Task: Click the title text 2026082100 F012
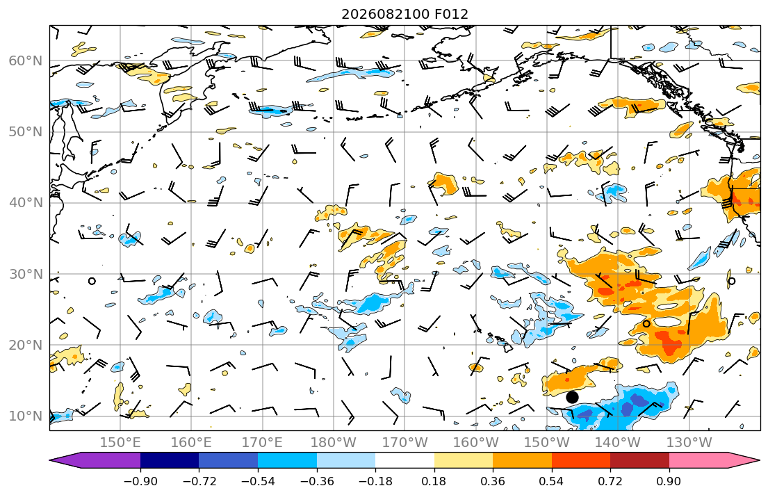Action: pyautogui.click(x=405, y=14)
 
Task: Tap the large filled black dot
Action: pyautogui.click(x=572, y=397)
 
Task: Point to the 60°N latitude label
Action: pyautogui.click(x=26, y=60)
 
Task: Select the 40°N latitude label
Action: pyautogui.click(x=26, y=203)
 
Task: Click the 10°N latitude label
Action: pyautogui.click(x=26, y=416)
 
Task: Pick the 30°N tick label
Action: pyautogui.click(x=26, y=274)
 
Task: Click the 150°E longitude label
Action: pyautogui.click(x=120, y=443)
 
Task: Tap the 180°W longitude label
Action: pyautogui.click(x=334, y=443)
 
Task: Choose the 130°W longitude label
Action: pyautogui.click(x=689, y=443)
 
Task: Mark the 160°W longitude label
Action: pyautogui.click(x=475, y=443)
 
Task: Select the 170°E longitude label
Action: pyautogui.click(x=263, y=443)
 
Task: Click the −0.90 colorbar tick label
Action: pyautogui.click(x=140, y=481)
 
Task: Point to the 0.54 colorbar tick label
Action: pyautogui.click(x=552, y=481)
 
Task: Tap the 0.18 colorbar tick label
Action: pyautogui.click(x=434, y=481)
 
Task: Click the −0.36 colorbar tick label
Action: pyautogui.click(x=316, y=481)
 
